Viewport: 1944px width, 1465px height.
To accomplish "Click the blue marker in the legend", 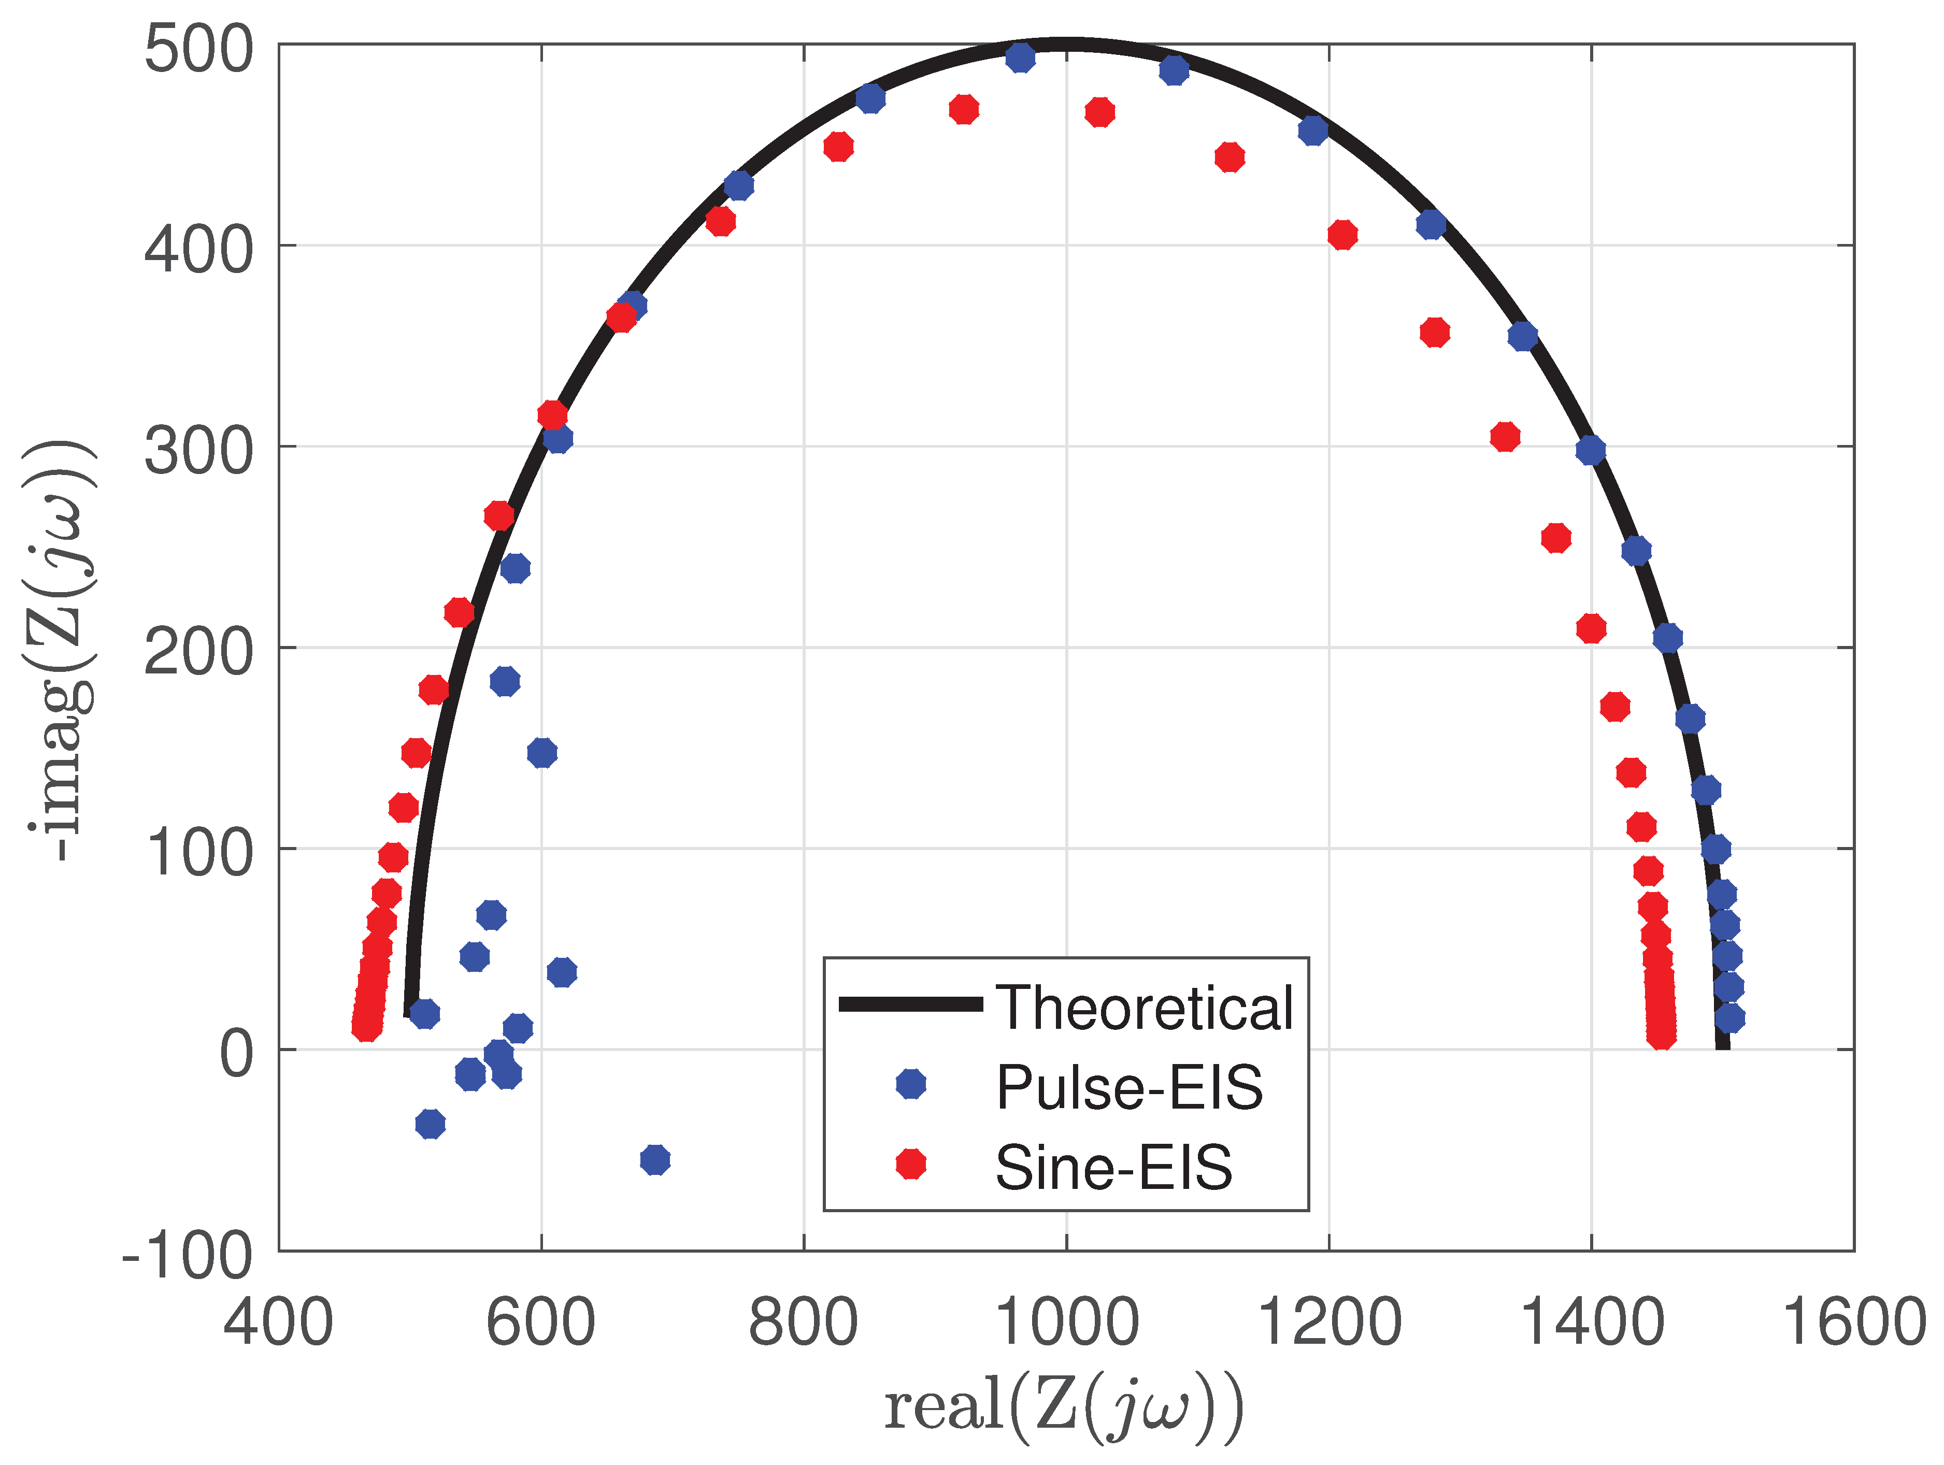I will tap(910, 1084).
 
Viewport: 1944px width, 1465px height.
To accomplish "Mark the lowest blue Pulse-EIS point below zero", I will tap(655, 1160).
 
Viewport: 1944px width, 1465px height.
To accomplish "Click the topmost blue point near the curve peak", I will tap(1020, 57).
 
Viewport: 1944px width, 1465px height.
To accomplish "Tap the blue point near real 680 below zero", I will tap(655, 1160).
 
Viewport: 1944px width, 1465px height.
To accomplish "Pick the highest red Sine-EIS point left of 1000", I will tap(964, 110).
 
